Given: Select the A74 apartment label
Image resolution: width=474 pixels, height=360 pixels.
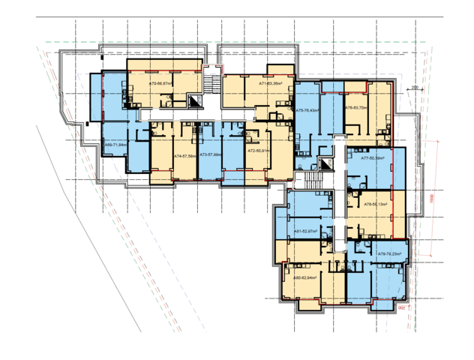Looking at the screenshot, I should coord(184,155).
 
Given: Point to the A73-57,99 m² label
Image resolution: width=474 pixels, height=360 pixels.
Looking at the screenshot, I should coord(210,155).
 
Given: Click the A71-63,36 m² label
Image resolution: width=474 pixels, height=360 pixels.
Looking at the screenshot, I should coord(271,83).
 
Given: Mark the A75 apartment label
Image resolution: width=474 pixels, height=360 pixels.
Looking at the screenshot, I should coord(307,110).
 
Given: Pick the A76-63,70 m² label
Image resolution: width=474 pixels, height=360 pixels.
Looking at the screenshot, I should coord(356,108).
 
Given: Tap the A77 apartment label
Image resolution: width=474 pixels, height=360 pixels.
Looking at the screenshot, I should coord(373,158).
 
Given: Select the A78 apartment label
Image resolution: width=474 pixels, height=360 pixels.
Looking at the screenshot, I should coord(375,203).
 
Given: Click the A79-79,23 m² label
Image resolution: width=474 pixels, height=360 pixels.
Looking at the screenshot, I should coord(391,254).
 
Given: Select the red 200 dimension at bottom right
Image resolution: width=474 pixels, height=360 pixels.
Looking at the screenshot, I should coord(401,306).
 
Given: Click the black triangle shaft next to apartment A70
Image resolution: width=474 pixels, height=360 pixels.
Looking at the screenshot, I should coord(196,103).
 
